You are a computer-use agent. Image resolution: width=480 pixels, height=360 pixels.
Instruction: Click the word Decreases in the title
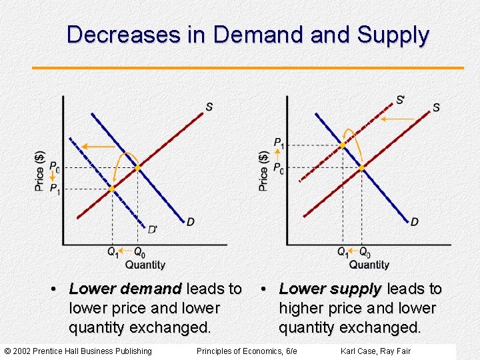[x=123, y=35]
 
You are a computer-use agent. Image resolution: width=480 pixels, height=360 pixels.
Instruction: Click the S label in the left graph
[x=209, y=107]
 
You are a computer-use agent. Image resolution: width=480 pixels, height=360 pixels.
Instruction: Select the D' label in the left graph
[x=153, y=229]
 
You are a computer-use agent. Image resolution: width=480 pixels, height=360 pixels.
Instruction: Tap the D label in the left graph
[x=191, y=221]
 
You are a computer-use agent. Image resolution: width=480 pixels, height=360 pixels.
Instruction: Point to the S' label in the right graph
[x=400, y=100]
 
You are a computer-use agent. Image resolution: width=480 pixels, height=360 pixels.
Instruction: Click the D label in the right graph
[x=415, y=221]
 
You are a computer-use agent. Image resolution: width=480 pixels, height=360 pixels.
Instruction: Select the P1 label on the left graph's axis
[x=55, y=189]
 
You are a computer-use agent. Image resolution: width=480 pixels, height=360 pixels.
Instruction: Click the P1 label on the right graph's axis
[x=279, y=143]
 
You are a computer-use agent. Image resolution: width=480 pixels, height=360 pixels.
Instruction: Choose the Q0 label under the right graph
[x=365, y=253]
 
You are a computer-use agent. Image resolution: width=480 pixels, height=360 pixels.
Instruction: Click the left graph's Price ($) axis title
[x=40, y=171]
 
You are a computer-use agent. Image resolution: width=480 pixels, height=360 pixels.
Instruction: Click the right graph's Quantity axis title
[x=369, y=265]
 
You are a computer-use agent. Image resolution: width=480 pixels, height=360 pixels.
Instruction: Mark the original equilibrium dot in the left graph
[x=137, y=168]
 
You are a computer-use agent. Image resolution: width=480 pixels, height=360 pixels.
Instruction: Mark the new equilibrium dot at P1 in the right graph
[x=342, y=145]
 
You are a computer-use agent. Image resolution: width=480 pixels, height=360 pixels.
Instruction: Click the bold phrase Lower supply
[x=330, y=289]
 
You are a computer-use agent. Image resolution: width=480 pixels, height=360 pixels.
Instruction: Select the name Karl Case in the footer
[x=359, y=351]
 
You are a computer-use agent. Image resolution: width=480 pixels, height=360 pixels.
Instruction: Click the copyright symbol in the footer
[x=8, y=351]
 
